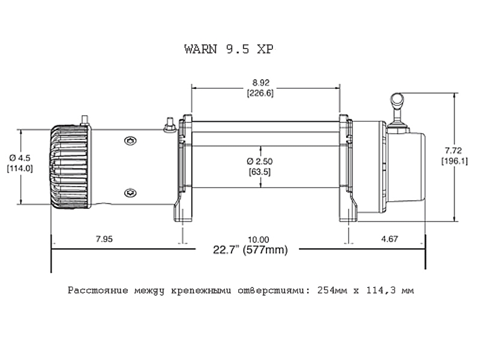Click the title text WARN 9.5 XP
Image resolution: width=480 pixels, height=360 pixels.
pyautogui.click(x=229, y=49)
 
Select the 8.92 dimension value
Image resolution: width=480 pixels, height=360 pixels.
pyautogui.click(x=261, y=83)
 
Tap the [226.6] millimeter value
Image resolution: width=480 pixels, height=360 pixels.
pyautogui.click(x=260, y=93)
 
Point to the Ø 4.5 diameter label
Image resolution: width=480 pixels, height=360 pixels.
pyautogui.click(x=20, y=158)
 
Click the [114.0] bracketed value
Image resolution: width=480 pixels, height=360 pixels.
pyautogui.click(x=20, y=169)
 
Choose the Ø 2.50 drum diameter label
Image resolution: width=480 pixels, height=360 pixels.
pyautogui.click(x=260, y=161)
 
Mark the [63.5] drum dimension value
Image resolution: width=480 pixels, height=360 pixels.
pyautogui.click(x=260, y=172)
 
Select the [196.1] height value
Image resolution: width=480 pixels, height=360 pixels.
pyautogui.click(x=454, y=161)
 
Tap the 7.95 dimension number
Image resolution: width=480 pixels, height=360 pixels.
pyautogui.click(x=104, y=239)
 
